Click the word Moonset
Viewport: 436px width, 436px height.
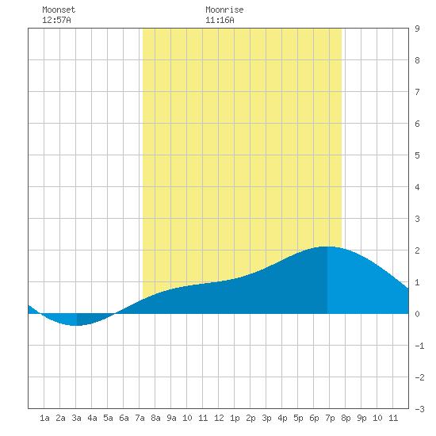[x=59, y=10]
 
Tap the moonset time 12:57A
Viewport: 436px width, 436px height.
[x=56, y=20]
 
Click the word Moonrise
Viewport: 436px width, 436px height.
[x=224, y=10]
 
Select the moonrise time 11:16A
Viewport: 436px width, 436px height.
[x=220, y=20]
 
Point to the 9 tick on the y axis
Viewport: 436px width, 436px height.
[x=417, y=29]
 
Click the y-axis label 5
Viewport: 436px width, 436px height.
[x=417, y=155]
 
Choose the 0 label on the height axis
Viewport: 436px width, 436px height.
[x=417, y=314]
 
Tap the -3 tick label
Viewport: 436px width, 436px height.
[x=419, y=409]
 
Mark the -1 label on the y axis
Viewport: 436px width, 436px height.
[x=419, y=346]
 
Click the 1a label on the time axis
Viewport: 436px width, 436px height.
[x=44, y=418]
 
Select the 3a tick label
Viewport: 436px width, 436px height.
[x=76, y=418]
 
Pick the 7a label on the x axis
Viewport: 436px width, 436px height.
[x=140, y=418]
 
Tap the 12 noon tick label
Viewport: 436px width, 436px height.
[x=219, y=418]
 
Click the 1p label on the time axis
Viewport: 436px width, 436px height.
[x=235, y=418]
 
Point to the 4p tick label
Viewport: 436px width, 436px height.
[x=282, y=418]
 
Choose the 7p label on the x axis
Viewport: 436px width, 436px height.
[x=330, y=418]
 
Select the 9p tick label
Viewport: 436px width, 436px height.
[x=361, y=418]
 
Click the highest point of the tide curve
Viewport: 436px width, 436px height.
[x=327, y=247]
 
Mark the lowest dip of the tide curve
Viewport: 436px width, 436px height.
[x=76, y=325]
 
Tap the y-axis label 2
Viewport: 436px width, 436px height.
[x=417, y=251]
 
